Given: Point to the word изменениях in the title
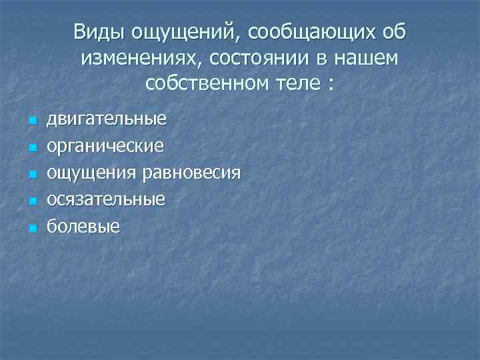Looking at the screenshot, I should pyautogui.click(x=140, y=59).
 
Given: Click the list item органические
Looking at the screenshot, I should pyautogui.click(x=105, y=147).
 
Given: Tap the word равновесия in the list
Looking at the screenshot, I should pyautogui.click(x=191, y=173).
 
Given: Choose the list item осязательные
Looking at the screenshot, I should pyautogui.click(x=105, y=200).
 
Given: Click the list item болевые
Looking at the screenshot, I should pyautogui.click(x=83, y=227).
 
